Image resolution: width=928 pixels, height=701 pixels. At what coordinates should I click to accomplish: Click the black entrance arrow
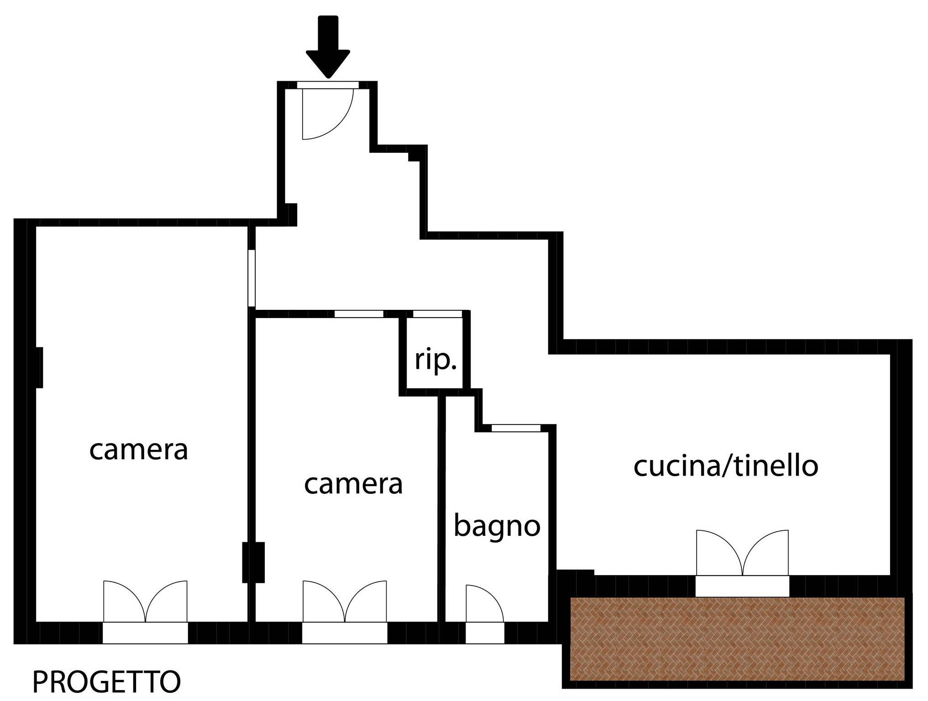point(328,46)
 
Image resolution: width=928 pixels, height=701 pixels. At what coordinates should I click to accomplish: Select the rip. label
point(435,361)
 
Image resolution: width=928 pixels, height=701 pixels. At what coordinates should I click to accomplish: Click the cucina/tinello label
point(726,466)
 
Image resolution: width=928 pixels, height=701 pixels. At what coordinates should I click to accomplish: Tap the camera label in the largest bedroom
point(139,450)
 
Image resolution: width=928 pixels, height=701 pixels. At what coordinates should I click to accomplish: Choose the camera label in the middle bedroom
point(353,484)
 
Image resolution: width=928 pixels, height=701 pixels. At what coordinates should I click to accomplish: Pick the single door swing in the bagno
point(484,603)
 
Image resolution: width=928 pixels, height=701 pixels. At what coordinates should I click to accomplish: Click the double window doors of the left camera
point(145,601)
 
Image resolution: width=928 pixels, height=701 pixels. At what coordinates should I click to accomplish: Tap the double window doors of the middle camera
point(345,601)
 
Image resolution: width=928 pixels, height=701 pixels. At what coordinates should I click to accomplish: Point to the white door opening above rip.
point(437,314)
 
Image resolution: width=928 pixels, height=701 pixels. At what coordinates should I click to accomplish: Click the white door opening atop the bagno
point(516,428)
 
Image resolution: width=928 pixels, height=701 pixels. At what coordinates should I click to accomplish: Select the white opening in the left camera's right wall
point(252,278)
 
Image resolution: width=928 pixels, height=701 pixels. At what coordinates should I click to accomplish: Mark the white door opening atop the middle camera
point(359,314)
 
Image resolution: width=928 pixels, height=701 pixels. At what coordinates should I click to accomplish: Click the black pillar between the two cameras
point(253,562)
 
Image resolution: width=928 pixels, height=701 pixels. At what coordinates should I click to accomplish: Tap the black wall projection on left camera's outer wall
point(39,367)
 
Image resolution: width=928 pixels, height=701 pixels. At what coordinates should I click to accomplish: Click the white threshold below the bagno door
point(485,633)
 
